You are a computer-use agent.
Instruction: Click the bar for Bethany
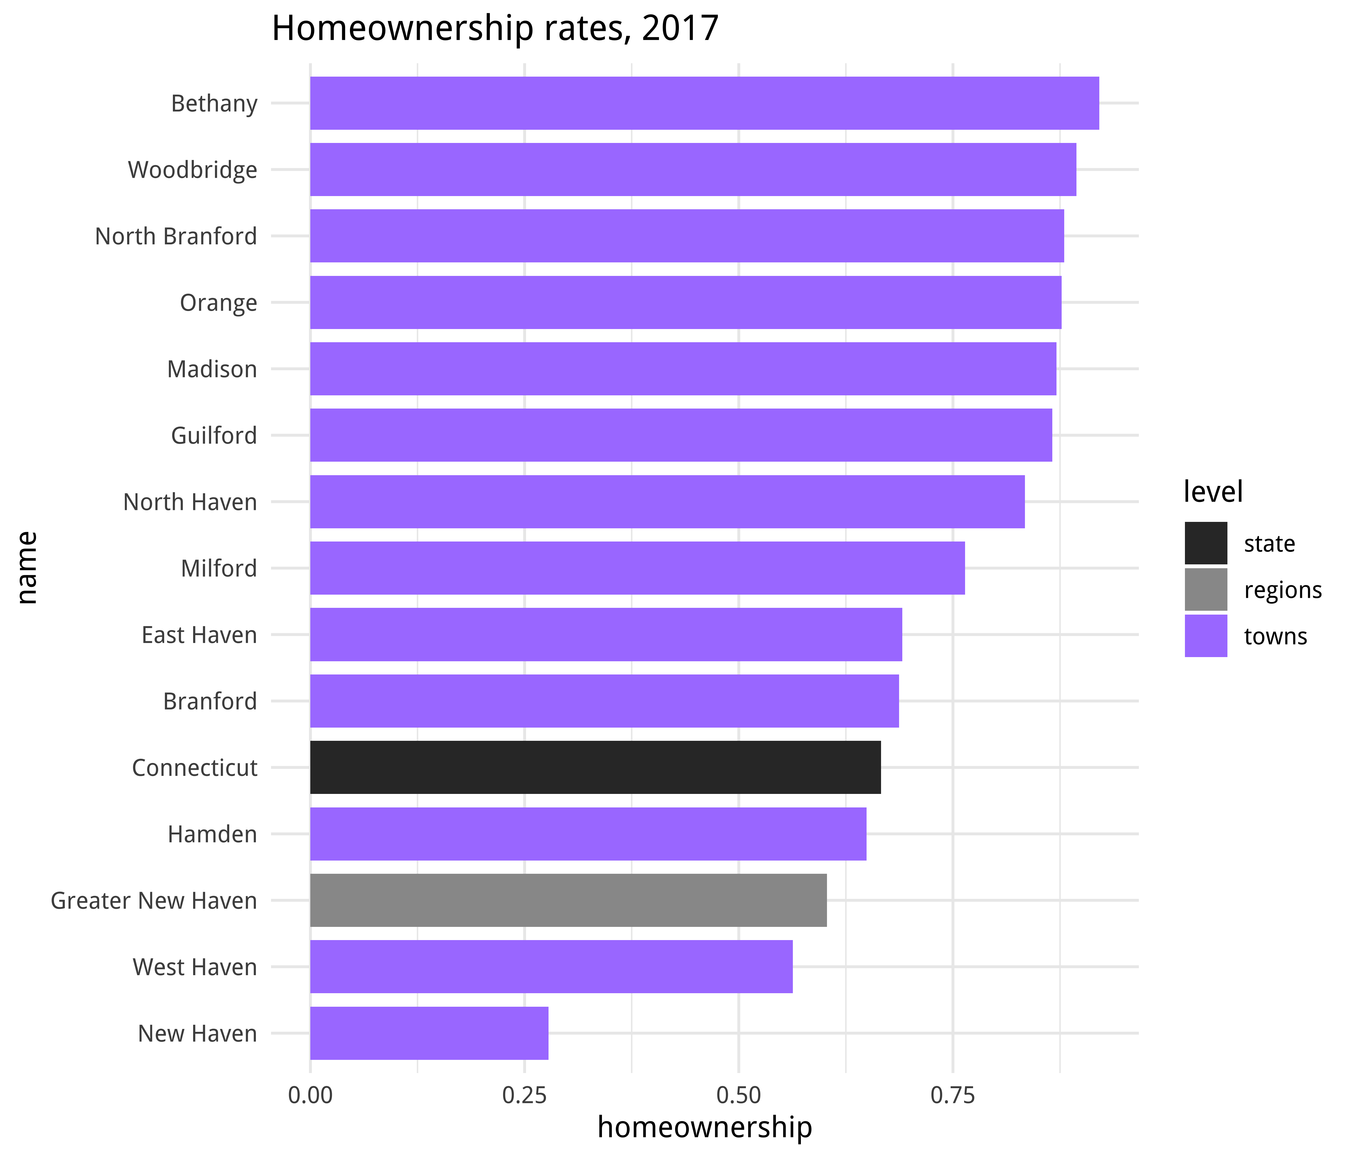pyautogui.click(x=704, y=103)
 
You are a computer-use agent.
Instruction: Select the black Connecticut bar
pyautogui.click(x=595, y=768)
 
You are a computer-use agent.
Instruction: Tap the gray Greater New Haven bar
pyautogui.click(x=568, y=900)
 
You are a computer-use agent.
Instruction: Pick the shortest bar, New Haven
pyautogui.click(x=429, y=1033)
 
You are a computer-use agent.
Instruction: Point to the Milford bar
pyautogui.click(x=637, y=568)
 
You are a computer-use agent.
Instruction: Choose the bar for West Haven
pyautogui.click(x=551, y=966)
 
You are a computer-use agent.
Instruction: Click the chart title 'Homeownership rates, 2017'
pyautogui.click(x=494, y=29)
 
